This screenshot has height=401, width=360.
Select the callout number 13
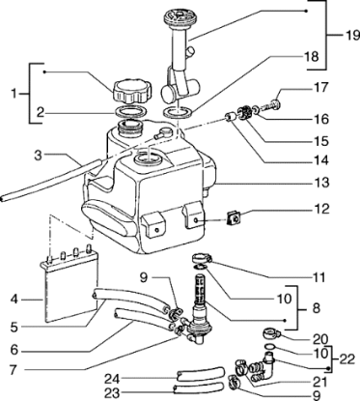coord(320,183)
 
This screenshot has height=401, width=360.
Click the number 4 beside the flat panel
coord(14,300)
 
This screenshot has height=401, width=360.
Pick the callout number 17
coord(320,87)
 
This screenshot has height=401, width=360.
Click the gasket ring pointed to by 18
coord(179,113)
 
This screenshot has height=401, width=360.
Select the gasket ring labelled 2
coord(131,111)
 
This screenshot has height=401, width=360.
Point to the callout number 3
coord(39,156)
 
